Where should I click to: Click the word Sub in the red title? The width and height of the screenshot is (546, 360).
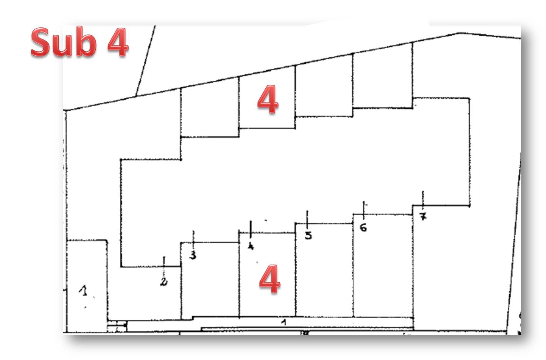coord(64,42)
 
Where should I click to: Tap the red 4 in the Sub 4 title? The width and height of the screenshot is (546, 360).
coord(118,42)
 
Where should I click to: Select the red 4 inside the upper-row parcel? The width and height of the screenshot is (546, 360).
coord(268,99)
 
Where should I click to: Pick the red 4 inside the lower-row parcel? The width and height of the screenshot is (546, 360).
coord(270,279)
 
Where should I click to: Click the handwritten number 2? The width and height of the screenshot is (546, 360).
coord(164,282)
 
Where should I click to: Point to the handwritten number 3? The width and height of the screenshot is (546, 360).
coord(193,255)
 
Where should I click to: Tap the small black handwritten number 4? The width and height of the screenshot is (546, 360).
coord(251,246)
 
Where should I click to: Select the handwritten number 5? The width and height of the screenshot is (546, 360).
coord(309,235)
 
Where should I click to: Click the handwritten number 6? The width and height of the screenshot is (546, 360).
coord(363,228)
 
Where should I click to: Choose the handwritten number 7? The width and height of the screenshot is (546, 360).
coord(423,216)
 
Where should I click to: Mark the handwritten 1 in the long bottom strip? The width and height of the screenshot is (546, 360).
coord(283,323)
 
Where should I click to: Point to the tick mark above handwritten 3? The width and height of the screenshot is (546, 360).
coord(193,240)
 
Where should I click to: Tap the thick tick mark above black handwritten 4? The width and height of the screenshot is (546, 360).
coord(251,229)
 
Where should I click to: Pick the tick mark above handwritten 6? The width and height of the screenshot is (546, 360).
coord(364,210)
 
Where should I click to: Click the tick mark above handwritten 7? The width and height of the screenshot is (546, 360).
coord(423,200)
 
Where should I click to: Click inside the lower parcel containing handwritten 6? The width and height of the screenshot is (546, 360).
coord(383,266)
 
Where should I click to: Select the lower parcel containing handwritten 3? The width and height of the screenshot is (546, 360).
coord(210,280)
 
